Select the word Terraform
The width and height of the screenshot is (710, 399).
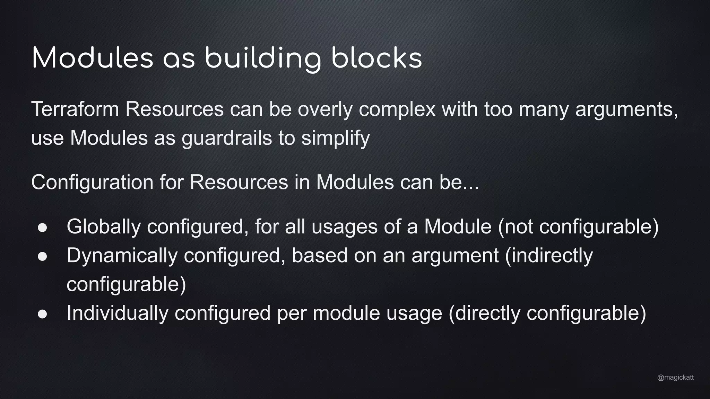pyautogui.click(x=75, y=109)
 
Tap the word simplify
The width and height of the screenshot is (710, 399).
pyautogui.click(x=335, y=138)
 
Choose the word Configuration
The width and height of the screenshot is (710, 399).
pyautogui.click(x=92, y=182)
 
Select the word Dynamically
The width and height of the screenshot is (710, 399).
pyautogui.click(x=122, y=256)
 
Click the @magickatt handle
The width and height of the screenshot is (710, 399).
pyautogui.click(x=675, y=378)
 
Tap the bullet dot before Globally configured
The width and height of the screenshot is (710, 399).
pyautogui.click(x=42, y=228)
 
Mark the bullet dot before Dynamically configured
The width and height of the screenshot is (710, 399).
pyautogui.click(x=42, y=257)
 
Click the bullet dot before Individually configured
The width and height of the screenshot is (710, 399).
pyautogui.click(x=42, y=314)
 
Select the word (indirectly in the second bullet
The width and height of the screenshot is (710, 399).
pyautogui.click(x=549, y=256)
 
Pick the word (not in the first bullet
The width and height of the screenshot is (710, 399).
pyautogui.click(x=515, y=227)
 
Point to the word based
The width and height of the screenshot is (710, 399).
pyautogui.click(x=320, y=256)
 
